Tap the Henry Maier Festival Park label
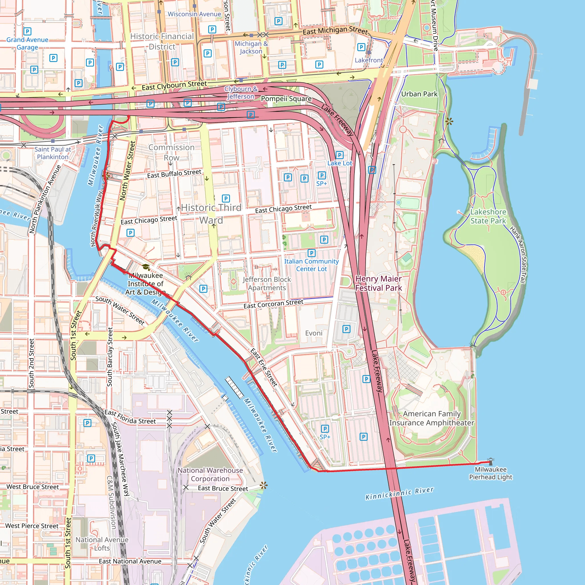[378, 283]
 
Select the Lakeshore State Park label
[488, 216]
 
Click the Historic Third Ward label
[211, 214]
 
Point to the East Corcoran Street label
[273, 304]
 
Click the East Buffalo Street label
[174, 174]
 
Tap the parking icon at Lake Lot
[339, 155]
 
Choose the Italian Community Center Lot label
[311, 265]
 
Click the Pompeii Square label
[286, 99]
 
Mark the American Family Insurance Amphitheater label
[432, 418]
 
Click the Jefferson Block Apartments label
[267, 283]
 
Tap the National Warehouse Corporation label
[210, 474]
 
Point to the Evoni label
[314, 333]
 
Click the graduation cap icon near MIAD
[146, 267]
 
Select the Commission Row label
[171, 152]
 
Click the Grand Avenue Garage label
[27, 44]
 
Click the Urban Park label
[419, 94]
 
